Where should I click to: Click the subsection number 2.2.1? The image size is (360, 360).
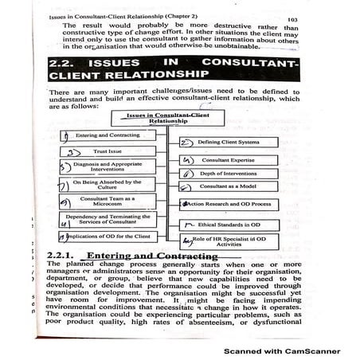tap(60, 255)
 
